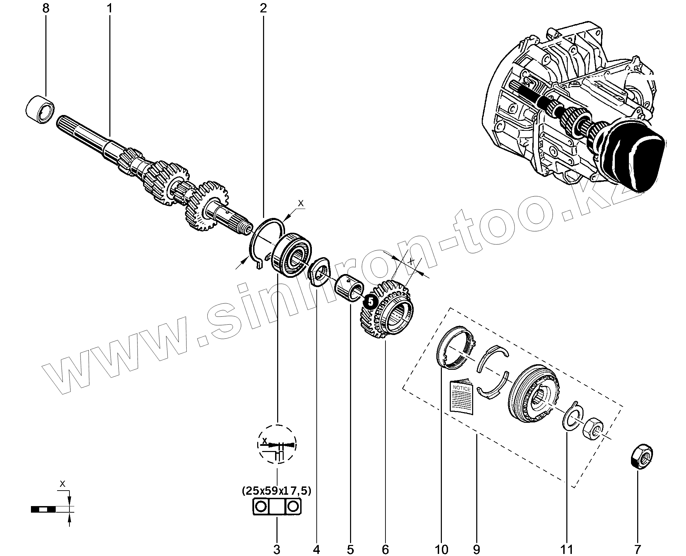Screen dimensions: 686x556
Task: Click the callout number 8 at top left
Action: click(46, 8)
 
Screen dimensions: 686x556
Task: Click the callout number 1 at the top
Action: click(110, 8)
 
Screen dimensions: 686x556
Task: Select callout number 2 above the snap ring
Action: click(263, 8)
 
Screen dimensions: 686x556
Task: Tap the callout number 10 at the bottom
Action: click(442, 549)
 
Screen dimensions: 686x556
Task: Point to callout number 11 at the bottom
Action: click(567, 549)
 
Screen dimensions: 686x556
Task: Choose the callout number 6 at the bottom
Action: click(385, 549)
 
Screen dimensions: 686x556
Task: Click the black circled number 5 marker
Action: click(370, 302)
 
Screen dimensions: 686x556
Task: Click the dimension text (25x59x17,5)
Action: click(276, 491)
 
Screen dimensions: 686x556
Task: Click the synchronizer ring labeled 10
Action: click(455, 348)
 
